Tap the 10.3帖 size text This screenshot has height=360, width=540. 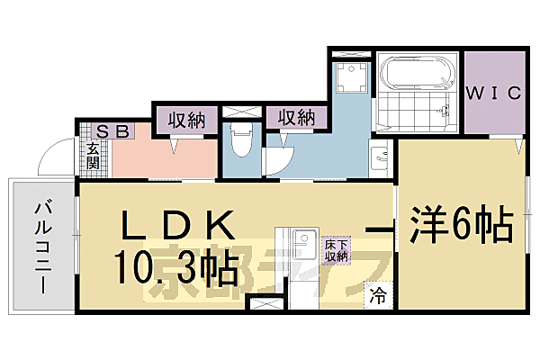[176, 266]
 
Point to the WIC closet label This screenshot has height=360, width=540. [493, 92]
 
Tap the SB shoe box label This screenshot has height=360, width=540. [114, 131]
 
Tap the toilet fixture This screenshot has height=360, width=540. [240, 140]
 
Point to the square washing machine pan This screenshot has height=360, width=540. [351, 76]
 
